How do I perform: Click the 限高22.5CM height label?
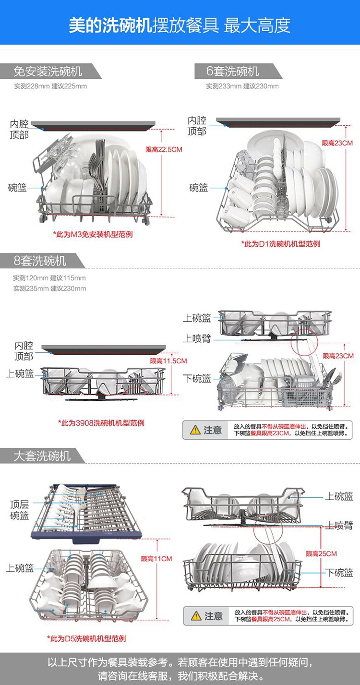point(164,150)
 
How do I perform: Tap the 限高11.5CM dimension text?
point(168,361)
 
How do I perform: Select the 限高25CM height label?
point(321,553)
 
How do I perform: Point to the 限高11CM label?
point(156,559)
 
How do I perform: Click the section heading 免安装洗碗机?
point(48,72)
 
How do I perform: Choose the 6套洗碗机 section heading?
point(232,71)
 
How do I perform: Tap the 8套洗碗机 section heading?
point(40,261)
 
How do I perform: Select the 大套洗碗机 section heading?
point(42,456)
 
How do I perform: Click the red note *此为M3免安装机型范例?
point(93,234)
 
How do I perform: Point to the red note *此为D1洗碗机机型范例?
point(280,244)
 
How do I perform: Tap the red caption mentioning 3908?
point(101,423)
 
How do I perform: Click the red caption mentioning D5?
point(86,638)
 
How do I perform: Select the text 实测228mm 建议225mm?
point(50,86)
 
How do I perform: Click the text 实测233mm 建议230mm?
point(242,86)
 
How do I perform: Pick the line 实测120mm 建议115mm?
point(49,278)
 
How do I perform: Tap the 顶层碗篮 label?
point(19,510)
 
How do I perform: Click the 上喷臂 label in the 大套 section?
point(339,525)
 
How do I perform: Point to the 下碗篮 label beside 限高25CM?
point(339,572)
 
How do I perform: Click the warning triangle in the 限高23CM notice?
point(195,430)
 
